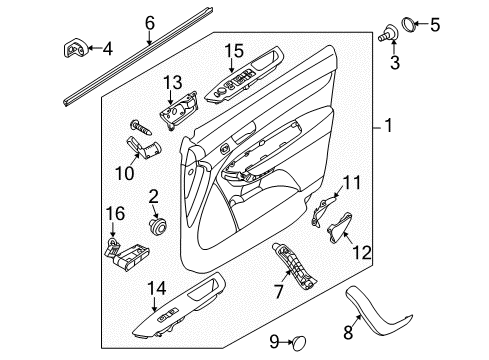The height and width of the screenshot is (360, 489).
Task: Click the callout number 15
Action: pos(234,51)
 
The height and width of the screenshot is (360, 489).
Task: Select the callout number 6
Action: pos(150,23)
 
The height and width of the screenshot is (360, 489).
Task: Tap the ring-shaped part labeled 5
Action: pos(408,25)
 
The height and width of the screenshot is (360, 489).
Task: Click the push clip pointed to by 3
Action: pos(389,33)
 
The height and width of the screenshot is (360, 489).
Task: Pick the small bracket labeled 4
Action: pos(76,48)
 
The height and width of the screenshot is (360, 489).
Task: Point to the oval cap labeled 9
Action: pos(299,343)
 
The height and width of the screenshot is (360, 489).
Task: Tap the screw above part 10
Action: pos(141,127)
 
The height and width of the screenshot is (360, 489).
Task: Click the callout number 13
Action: pos(173,83)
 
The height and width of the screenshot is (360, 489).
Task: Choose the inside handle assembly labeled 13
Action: pos(180,109)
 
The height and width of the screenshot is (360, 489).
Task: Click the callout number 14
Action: pos(157,288)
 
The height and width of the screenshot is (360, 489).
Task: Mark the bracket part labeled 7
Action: pos(295,267)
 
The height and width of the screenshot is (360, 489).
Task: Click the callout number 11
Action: pos(352,183)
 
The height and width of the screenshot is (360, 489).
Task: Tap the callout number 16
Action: pos(115,214)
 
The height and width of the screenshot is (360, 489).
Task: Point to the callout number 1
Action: pos(388,126)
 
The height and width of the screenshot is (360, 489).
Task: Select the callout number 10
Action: pos(125,173)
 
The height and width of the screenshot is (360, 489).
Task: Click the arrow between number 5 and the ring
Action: pos(421,24)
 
